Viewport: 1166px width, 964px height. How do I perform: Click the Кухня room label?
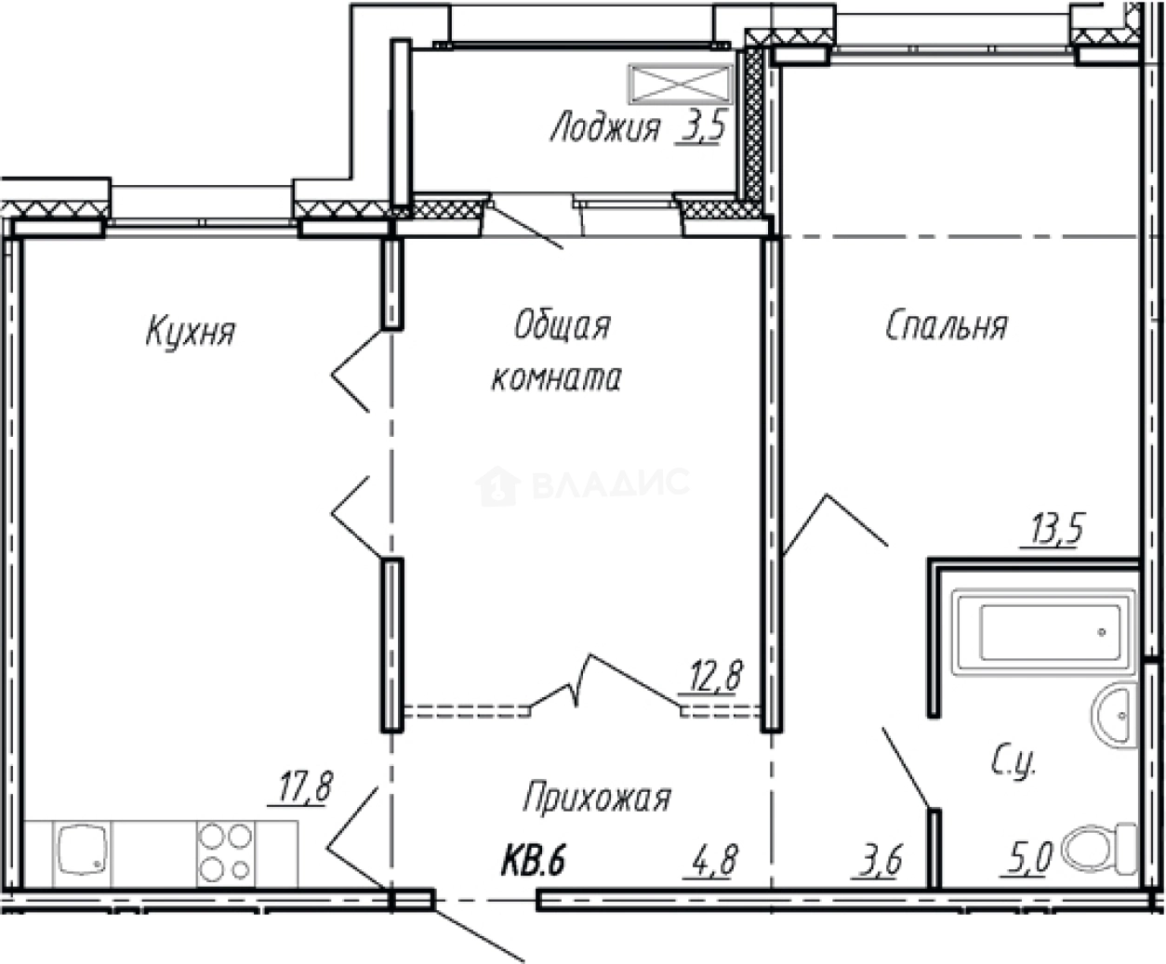191,332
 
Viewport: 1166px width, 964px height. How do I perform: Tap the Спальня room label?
946,326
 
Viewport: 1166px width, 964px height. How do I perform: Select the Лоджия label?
604,128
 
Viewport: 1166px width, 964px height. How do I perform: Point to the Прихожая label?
596,798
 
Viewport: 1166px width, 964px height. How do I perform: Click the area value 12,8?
714,676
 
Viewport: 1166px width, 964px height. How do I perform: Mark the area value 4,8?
713,861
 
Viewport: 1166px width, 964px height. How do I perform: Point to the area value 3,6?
877,861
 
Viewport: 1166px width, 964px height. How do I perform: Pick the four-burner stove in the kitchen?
224,852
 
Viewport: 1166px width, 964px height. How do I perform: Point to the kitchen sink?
81,852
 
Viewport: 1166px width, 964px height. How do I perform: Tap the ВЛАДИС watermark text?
609,483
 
